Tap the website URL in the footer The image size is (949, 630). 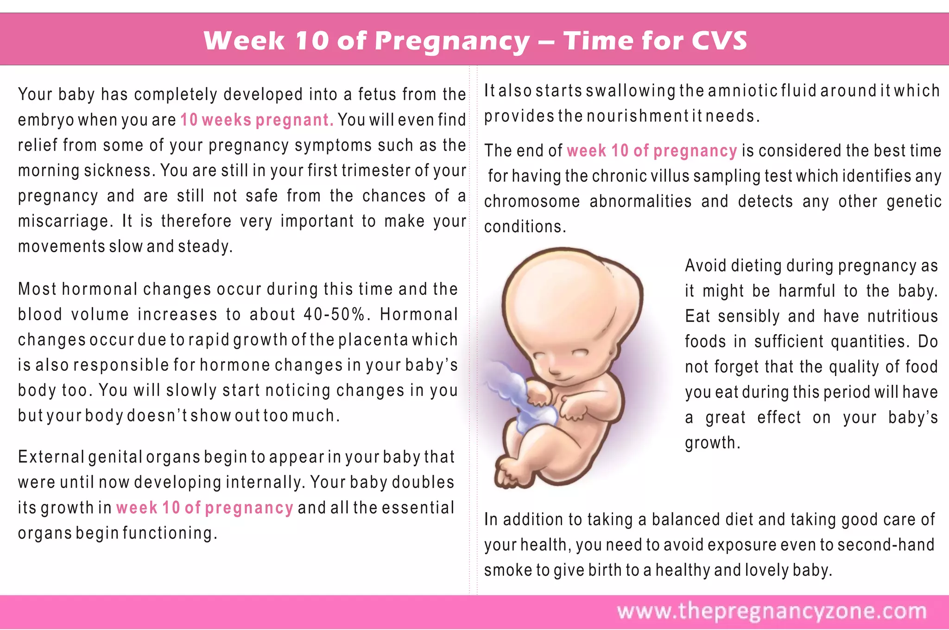coord(772,611)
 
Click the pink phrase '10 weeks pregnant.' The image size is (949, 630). coord(257,120)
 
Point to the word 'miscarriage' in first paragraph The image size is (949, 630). coord(64,221)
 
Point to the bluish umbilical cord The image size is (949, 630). coord(519,394)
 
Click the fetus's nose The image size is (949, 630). coord(554,371)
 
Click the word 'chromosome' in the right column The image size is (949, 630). coord(531,202)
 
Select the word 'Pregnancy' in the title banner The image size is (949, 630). coord(452,41)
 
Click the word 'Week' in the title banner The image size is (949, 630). coord(244,40)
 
